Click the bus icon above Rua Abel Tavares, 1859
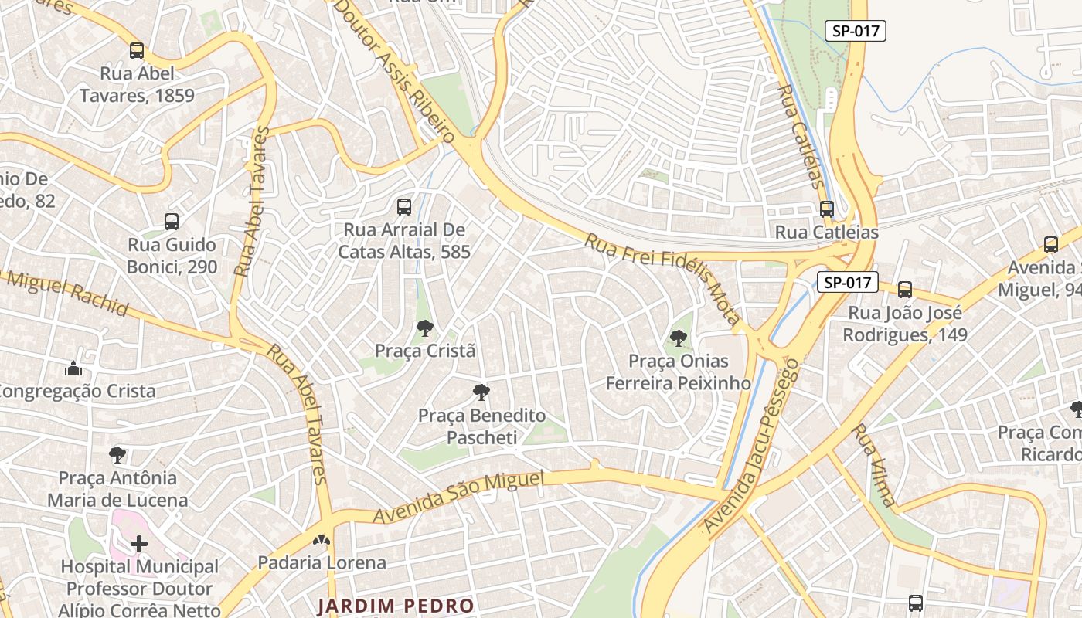pos(137,51)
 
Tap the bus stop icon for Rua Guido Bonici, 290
pos(172,222)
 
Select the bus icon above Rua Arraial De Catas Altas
pos(403,206)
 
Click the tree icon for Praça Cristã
pos(424,328)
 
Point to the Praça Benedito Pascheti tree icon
pos(481,392)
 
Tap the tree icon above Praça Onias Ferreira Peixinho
pos(678,338)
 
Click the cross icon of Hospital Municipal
pos(139,544)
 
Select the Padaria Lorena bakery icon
pos(322,540)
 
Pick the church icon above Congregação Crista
pos(73,368)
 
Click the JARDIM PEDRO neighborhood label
pos(395,605)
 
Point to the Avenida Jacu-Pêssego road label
pos(750,446)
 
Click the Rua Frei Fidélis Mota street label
pos(662,278)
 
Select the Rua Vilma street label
pos(874,465)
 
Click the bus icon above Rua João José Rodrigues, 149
pos(905,290)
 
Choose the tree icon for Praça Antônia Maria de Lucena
pos(117,454)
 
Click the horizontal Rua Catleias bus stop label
pos(826,232)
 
